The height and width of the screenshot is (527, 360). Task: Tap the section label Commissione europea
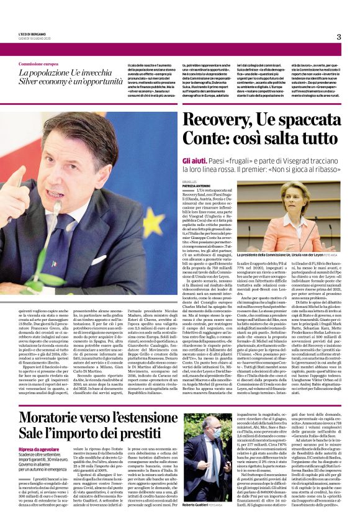click(x=38, y=64)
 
